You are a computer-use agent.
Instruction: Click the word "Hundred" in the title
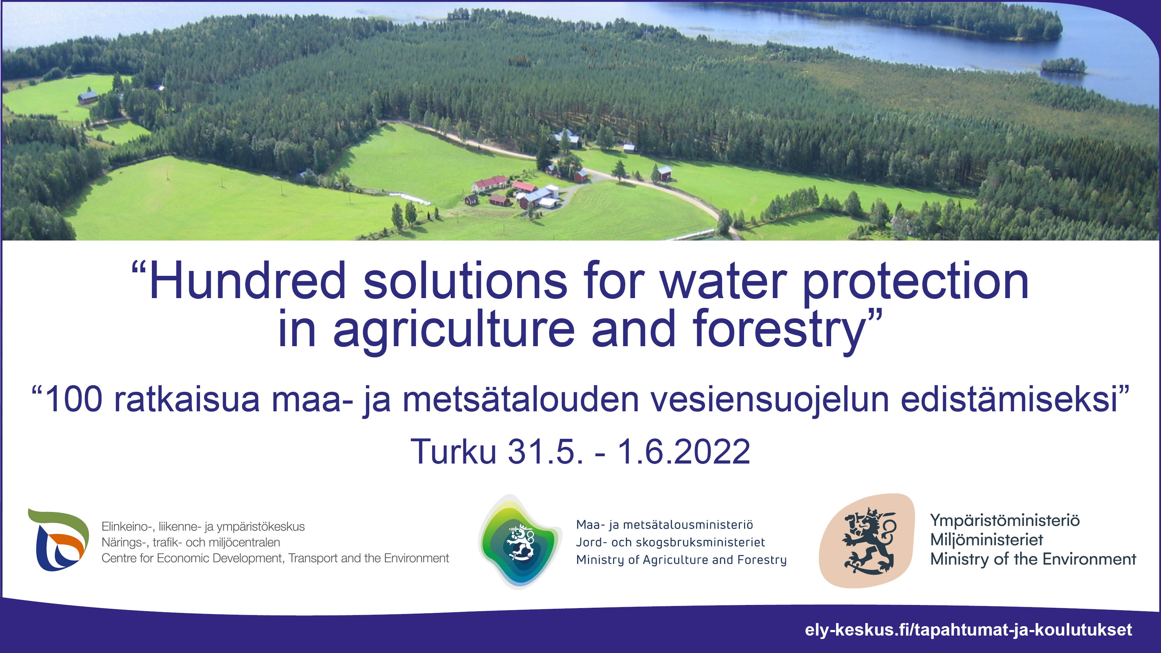tap(247, 281)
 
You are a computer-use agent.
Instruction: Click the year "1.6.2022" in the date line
tap(684, 452)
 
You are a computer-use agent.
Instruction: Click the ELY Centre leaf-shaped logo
tap(59, 540)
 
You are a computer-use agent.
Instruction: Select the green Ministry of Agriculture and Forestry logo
tap(520, 541)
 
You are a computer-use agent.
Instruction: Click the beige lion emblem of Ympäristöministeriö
tap(866, 541)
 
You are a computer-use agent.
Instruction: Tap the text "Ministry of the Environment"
tap(1033, 559)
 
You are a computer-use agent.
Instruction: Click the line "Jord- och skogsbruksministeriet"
tap(670, 542)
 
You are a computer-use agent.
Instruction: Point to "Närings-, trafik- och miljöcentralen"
tap(191, 542)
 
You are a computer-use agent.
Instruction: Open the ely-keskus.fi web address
tap(968, 630)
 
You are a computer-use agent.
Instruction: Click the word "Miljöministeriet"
tap(986, 540)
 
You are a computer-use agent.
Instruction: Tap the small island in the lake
tap(1063, 66)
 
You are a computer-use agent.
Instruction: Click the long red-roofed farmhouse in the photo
tap(489, 184)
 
